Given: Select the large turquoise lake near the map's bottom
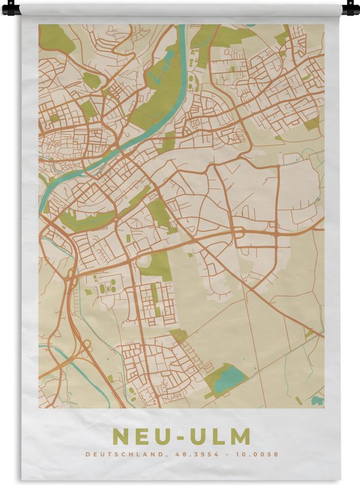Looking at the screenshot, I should tap(226, 378).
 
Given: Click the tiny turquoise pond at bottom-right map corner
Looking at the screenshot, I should tap(317, 400).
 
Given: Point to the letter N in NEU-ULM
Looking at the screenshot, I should tap(120, 436).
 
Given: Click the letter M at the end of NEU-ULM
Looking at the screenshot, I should tap(240, 436).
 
